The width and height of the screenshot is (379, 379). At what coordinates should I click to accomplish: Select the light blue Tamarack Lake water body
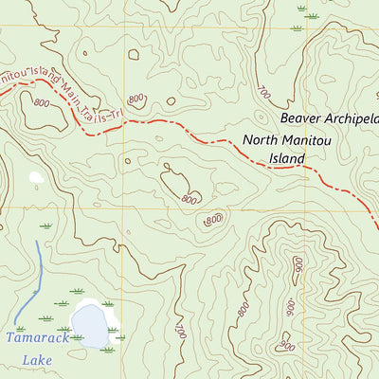coord(91,325)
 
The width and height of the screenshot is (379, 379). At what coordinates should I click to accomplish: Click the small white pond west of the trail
coord(37,177)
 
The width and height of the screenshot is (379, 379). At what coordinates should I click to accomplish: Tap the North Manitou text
coord(285,140)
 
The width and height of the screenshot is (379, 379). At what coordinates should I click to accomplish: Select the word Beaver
coord(303,119)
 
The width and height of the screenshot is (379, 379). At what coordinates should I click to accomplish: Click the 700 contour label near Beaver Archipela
coord(262,94)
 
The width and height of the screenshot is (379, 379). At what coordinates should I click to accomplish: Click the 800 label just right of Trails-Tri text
coord(137,98)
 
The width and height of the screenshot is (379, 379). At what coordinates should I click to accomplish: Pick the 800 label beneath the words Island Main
coord(41,103)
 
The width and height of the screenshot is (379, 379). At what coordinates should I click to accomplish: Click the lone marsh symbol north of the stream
coord(45,226)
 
